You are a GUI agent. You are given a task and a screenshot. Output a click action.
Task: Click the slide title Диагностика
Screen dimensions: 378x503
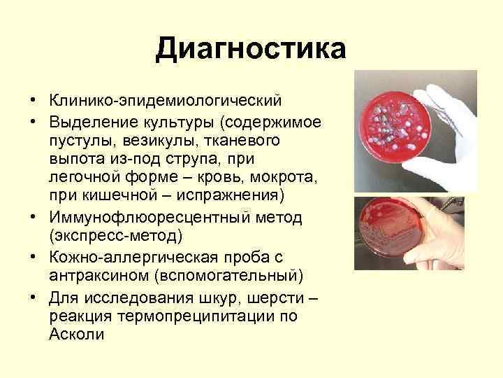(251, 49)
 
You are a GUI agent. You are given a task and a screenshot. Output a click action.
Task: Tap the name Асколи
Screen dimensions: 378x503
(76, 334)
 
